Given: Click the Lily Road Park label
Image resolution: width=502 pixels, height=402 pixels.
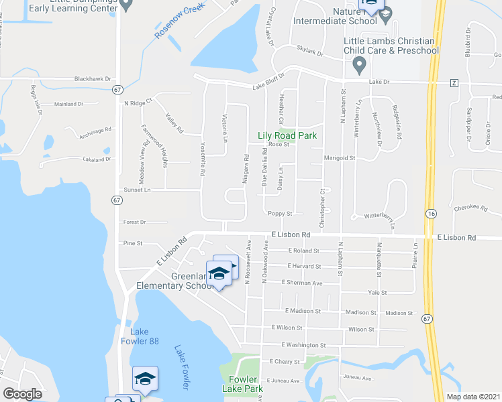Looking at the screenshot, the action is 287,135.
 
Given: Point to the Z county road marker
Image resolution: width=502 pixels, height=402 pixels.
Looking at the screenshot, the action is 454,82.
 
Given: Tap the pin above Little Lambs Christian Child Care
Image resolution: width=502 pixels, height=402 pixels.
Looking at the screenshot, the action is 359,66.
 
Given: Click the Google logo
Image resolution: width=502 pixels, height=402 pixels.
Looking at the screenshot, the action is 22,394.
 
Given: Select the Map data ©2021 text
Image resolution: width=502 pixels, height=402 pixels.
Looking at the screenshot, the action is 472,397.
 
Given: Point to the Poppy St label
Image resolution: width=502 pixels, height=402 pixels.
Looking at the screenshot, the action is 280,214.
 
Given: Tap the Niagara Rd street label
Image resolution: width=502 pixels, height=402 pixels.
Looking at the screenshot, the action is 246,170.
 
